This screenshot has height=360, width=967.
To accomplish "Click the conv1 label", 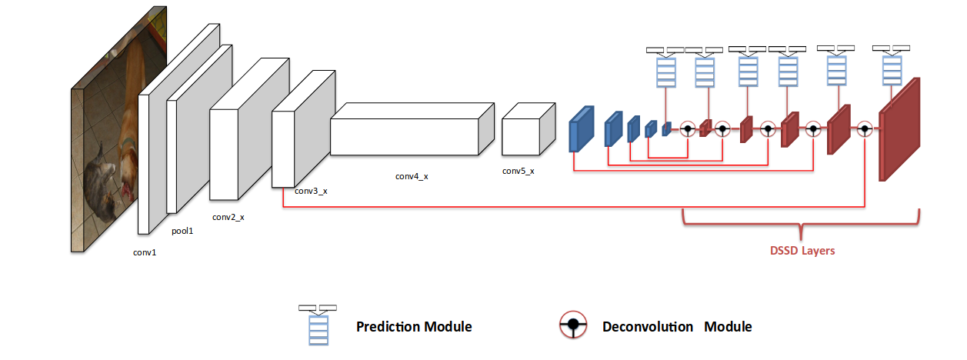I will coord(144,252).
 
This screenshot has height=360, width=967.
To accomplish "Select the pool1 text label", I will coord(182,230).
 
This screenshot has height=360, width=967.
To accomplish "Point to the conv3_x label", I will coord(311,191).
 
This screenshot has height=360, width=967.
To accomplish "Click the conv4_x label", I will coord(412,176).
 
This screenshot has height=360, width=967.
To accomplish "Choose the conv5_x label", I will coord(518,171).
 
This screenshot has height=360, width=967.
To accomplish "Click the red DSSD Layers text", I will coord(802,251).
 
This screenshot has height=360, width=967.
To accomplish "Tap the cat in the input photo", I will coord(100,181).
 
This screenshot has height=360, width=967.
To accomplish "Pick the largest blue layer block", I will coord(582,128).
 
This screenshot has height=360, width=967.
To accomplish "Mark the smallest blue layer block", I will coord(666,128).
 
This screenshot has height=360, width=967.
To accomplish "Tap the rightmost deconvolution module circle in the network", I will coord(865,129).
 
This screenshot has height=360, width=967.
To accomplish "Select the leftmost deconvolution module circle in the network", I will coord(688,129).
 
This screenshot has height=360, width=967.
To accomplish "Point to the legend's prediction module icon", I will coord(318,325).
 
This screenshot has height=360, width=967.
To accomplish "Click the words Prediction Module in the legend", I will coord(414,326).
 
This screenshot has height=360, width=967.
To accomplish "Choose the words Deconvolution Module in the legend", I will coord(677,326).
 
